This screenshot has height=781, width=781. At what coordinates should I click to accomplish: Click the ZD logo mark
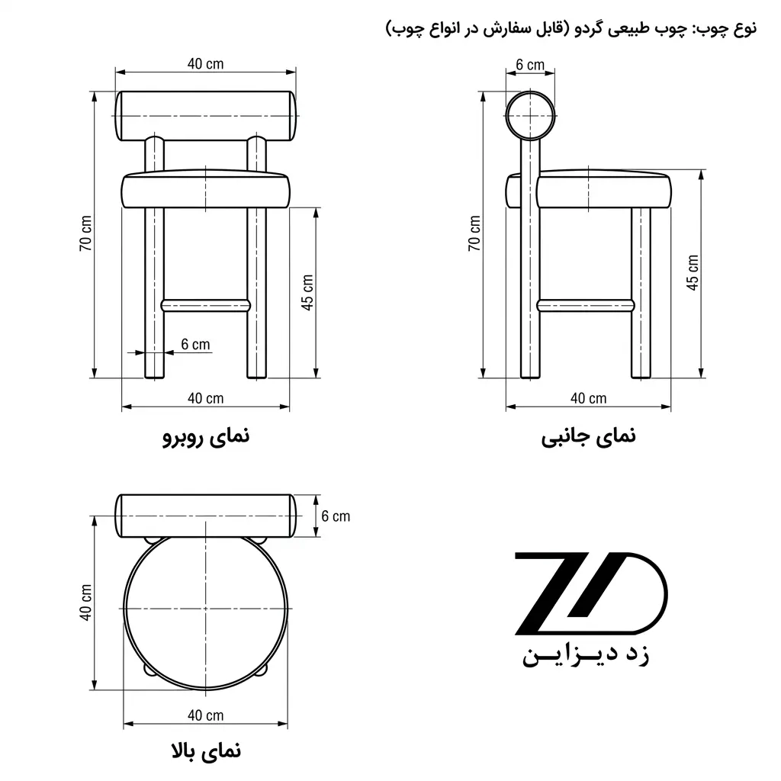tap(590, 593)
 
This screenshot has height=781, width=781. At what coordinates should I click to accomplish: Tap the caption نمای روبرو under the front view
tap(206, 437)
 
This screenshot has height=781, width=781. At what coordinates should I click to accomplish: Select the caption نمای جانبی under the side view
tap(588, 437)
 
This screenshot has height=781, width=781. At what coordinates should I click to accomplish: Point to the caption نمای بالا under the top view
tap(206, 750)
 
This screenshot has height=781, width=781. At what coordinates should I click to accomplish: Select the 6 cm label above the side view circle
tap(530, 65)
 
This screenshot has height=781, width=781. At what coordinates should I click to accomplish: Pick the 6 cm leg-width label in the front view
tap(195, 344)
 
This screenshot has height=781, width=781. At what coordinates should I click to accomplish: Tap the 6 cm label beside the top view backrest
tap(336, 516)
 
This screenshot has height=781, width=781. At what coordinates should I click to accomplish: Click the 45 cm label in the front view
tap(307, 292)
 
